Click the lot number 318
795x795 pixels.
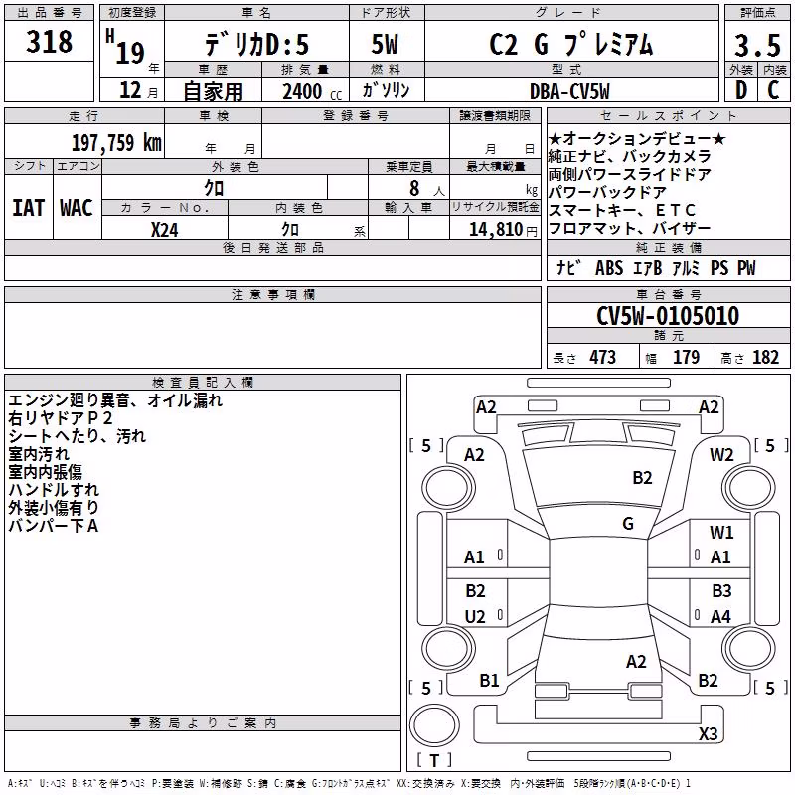click(x=49, y=42)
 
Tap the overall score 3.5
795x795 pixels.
click(x=757, y=45)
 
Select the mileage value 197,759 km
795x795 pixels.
click(x=116, y=143)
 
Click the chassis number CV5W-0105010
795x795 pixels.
click(x=668, y=316)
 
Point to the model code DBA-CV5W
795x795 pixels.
click(x=569, y=91)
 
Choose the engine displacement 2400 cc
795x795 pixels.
click(x=312, y=92)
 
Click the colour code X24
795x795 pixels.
click(x=164, y=230)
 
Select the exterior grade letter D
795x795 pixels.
click(x=741, y=90)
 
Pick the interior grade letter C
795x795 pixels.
click(x=773, y=90)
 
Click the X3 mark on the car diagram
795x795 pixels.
click(x=708, y=733)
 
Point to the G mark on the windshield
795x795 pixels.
click(x=628, y=524)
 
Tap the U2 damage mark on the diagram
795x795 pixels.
click(x=475, y=616)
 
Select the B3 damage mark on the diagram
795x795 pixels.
click(x=721, y=590)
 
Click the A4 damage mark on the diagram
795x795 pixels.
click(x=720, y=616)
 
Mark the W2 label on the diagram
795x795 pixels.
click(x=721, y=455)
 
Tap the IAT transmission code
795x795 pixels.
click(x=29, y=208)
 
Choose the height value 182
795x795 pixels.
click(x=765, y=358)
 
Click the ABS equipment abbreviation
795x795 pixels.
click(x=609, y=268)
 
